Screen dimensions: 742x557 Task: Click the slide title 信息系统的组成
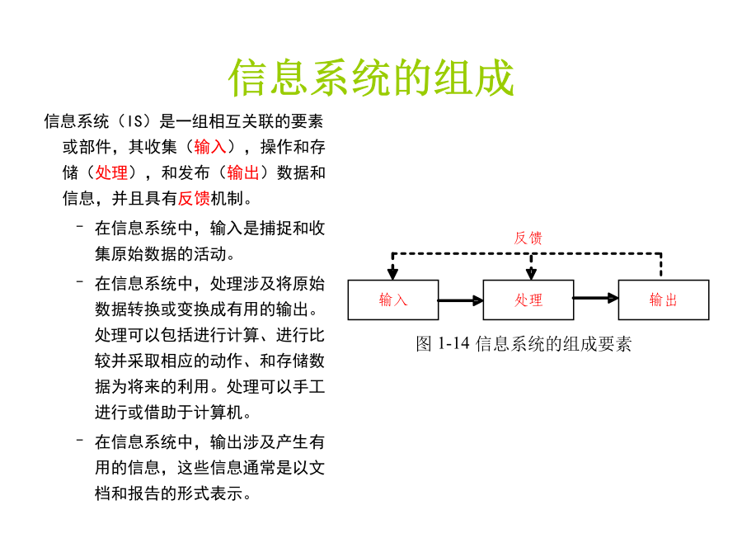point(371,78)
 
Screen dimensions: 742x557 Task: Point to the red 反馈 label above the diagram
point(528,238)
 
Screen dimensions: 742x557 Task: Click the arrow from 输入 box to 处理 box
point(460,300)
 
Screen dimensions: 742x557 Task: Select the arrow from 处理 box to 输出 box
point(596,299)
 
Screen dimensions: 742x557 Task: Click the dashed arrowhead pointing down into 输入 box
point(392,274)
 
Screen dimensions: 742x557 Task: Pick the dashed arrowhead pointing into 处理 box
point(531,274)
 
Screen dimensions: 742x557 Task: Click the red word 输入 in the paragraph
point(210,147)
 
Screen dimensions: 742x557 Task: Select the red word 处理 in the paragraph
point(111,172)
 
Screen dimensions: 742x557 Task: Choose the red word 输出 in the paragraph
point(243,172)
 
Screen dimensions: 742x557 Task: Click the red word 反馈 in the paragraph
point(194,198)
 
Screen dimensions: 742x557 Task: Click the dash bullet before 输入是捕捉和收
point(79,226)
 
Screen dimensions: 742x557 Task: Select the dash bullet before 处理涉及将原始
point(79,282)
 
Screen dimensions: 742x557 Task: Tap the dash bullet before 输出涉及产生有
point(79,441)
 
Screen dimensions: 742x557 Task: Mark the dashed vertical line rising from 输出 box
point(661,265)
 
